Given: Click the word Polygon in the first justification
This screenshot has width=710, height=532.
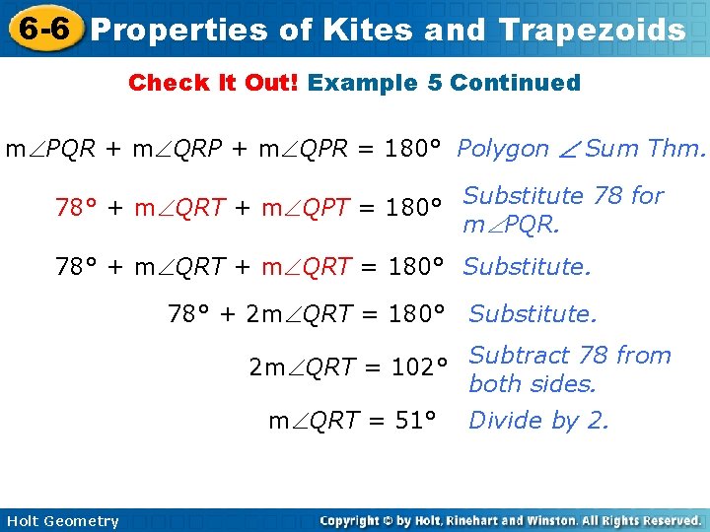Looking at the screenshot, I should tap(503, 149).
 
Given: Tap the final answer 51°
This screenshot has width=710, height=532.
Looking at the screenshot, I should tap(414, 422).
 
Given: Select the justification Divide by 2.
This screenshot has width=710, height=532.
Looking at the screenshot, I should tap(538, 422).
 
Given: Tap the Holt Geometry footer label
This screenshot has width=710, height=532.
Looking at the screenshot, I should tap(61, 521).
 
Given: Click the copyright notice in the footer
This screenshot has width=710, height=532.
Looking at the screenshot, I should tap(511, 521).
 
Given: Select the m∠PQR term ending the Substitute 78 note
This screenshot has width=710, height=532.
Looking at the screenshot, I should tap(511, 226).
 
